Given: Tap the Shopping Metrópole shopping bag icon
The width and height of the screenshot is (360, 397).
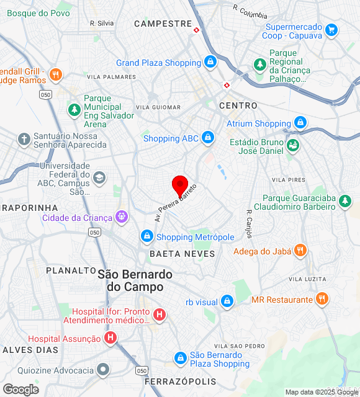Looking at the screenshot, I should click(147, 236).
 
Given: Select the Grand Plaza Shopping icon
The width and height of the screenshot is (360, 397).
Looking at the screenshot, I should click(211, 63).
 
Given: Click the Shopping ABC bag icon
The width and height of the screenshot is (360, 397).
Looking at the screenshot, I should click(207, 138).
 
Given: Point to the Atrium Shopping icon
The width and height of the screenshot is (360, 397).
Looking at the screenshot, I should click(300, 123).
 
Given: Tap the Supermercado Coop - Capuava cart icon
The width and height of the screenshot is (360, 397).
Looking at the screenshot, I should click(331, 30).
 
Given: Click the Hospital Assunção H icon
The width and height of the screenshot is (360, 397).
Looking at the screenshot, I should click(110, 338).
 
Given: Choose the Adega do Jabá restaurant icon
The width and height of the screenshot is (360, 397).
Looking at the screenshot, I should click(300, 251).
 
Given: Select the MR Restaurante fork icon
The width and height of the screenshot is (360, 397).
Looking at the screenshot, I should click(322, 299).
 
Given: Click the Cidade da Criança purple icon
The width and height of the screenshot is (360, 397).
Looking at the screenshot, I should click(122, 217).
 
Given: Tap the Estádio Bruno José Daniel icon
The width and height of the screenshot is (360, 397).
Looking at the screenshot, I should click(293, 146).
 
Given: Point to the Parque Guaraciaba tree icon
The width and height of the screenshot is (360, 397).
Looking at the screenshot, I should click(345, 202).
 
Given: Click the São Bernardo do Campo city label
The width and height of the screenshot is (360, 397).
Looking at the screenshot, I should click(135, 280).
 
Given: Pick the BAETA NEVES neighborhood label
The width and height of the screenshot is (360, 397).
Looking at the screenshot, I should click(182, 254).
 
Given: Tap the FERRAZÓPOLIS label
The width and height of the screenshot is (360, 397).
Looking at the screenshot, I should click(181, 381).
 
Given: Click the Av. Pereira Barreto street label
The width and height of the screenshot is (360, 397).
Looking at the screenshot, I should click(176, 203).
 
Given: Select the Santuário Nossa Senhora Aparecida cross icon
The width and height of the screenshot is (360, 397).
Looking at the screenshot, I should click(24, 140).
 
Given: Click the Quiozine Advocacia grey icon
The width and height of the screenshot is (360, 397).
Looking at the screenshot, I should click(103, 370).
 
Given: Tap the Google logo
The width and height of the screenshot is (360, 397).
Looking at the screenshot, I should click(20, 389).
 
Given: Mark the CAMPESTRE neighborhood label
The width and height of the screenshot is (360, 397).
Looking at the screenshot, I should click(163, 24).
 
